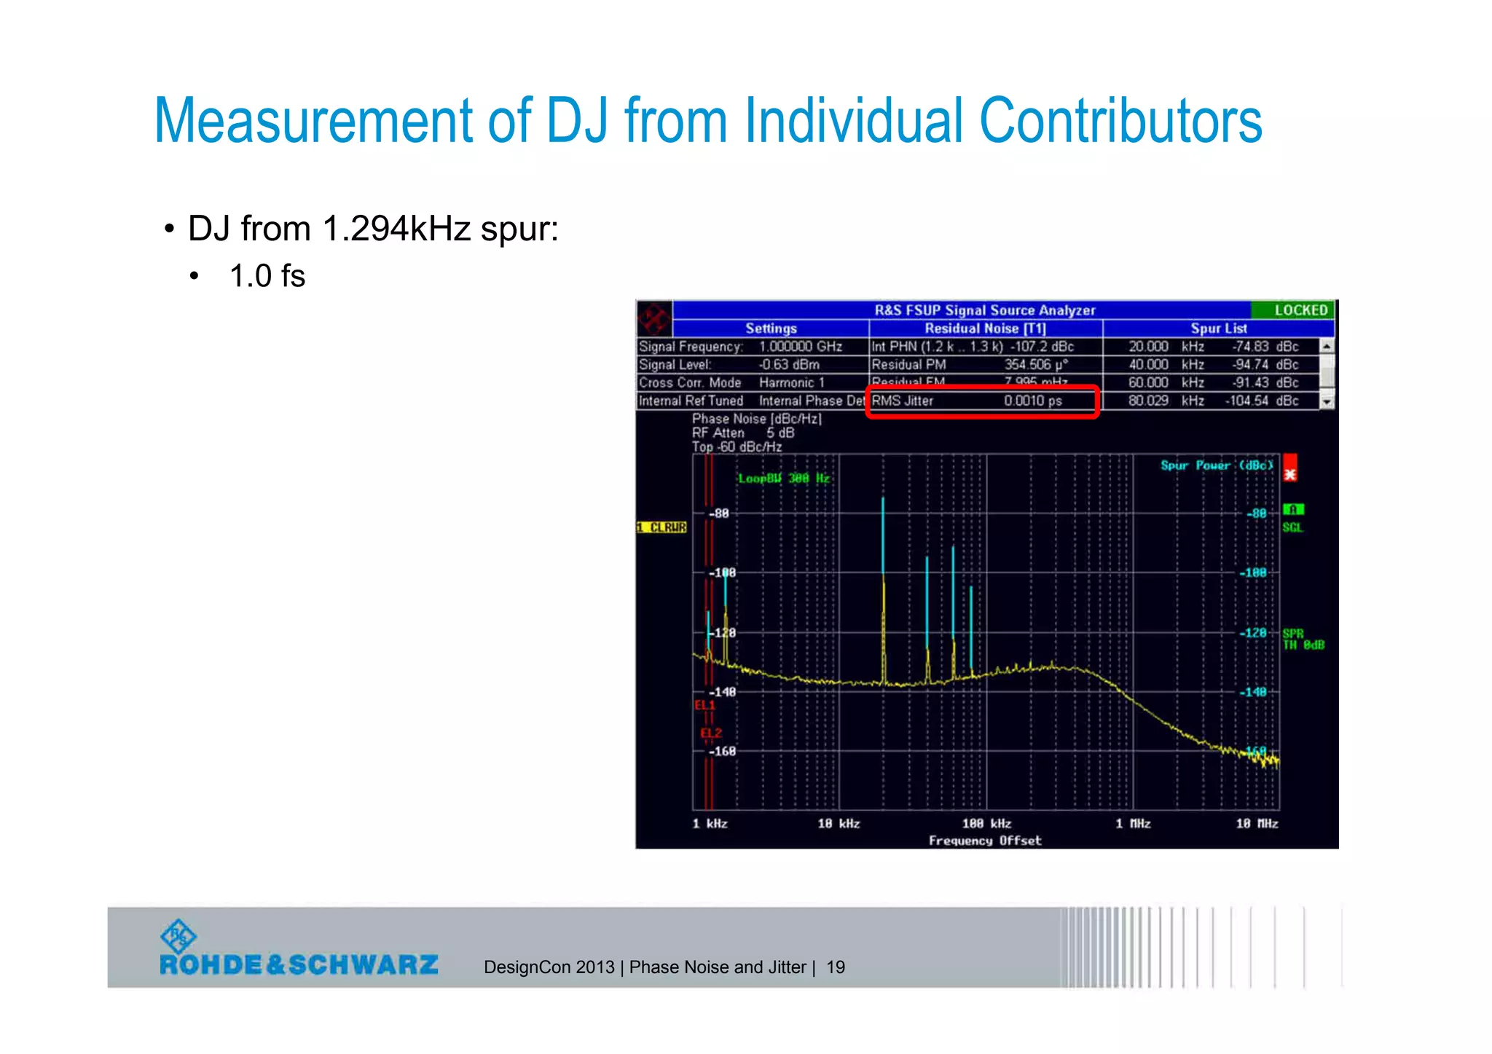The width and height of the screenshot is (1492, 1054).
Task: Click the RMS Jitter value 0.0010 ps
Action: coord(1032,401)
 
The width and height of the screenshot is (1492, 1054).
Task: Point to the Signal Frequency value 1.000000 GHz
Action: coord(800,347)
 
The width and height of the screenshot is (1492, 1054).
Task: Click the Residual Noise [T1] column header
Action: coord(985,329)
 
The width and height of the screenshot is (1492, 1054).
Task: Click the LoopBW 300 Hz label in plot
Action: coord(784,479)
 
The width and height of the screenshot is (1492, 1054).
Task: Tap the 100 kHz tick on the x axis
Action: coord(986,824)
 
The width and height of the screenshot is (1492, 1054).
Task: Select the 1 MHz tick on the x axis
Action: coord(1133,824)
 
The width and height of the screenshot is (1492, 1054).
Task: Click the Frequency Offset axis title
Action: coord(985,841)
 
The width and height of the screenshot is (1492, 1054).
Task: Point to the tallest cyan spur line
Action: coord(883,539)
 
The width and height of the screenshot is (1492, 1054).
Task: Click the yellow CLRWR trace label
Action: coord(662,527)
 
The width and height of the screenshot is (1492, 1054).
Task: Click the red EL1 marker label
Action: coord(704,705)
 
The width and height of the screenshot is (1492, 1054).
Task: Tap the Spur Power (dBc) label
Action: coord(1217,465)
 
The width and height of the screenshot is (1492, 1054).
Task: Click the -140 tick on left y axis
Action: coord(723,692)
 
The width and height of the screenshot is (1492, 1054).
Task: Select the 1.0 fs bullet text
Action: coord(267,277)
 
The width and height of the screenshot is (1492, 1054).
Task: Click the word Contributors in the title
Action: coord(1120,121)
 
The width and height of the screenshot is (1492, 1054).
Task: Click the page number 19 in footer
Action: coord(836,967)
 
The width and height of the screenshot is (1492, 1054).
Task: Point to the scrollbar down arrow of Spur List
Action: coord(1327,401)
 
